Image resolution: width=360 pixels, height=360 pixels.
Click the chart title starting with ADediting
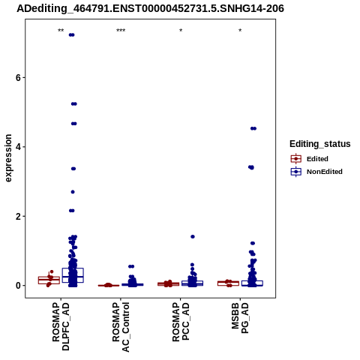point(150,8)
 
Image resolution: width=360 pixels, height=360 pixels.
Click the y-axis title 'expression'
point(8,158)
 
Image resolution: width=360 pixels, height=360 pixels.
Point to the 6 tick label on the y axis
point(18,78)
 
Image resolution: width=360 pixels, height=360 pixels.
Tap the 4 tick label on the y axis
point(18,147)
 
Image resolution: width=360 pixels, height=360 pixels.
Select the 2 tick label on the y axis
point(18,216)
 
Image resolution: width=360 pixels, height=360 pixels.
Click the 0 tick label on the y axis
point(18,286)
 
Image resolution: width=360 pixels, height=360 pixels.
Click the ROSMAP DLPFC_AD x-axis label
point(61,326)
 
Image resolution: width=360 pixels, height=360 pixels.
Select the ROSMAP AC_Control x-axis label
point(121,327)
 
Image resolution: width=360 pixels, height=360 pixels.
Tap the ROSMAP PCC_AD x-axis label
point(181,322)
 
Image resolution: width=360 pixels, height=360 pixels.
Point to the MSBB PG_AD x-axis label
point(240,318)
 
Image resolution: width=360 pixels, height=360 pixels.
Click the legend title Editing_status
point(320,144)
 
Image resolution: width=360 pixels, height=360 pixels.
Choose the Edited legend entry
point(309,159)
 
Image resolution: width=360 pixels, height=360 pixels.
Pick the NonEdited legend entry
point(316,172)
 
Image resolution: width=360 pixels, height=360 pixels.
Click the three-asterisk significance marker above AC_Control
point(121,31)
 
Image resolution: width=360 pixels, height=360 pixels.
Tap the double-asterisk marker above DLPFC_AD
point(61,31)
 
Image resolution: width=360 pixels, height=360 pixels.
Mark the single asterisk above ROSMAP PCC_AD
point(181,31)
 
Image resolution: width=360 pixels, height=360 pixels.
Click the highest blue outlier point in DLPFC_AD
point(72,35)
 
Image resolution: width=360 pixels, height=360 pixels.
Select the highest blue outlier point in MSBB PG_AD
point(253,128)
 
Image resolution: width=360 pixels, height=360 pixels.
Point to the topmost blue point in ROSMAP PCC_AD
point(193,236)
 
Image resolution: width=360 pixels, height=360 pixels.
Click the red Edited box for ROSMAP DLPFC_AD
point(49,280)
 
